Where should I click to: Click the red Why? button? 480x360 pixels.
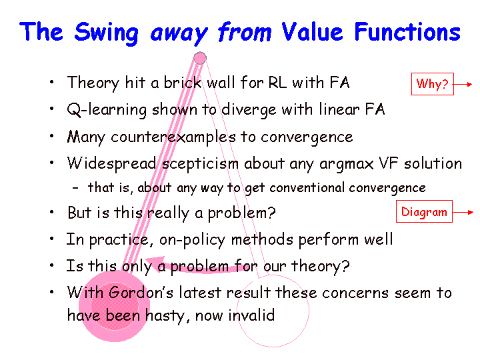[432, 84]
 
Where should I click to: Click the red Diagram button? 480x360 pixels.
[424, 211]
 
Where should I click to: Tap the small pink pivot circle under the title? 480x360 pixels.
[200, 58]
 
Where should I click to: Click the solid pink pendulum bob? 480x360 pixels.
[114, 306]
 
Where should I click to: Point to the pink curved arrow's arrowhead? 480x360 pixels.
[153, 263]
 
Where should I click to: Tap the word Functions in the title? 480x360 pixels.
[407, 31]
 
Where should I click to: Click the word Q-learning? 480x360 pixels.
[107, 110]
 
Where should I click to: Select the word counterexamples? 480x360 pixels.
[173, 137]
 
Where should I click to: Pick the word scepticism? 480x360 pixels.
[200, 164]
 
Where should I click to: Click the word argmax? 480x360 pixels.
[346, 165]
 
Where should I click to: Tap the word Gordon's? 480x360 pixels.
[141, 293]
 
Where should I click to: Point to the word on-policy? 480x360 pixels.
[192, 240]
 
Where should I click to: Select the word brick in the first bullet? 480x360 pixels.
[183, 83]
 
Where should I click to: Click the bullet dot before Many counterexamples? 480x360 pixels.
[52, 135]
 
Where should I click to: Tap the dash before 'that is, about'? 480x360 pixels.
[75, 187]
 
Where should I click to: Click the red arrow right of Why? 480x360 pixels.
[463, 84]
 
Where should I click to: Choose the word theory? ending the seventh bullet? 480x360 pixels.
[320, 266]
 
